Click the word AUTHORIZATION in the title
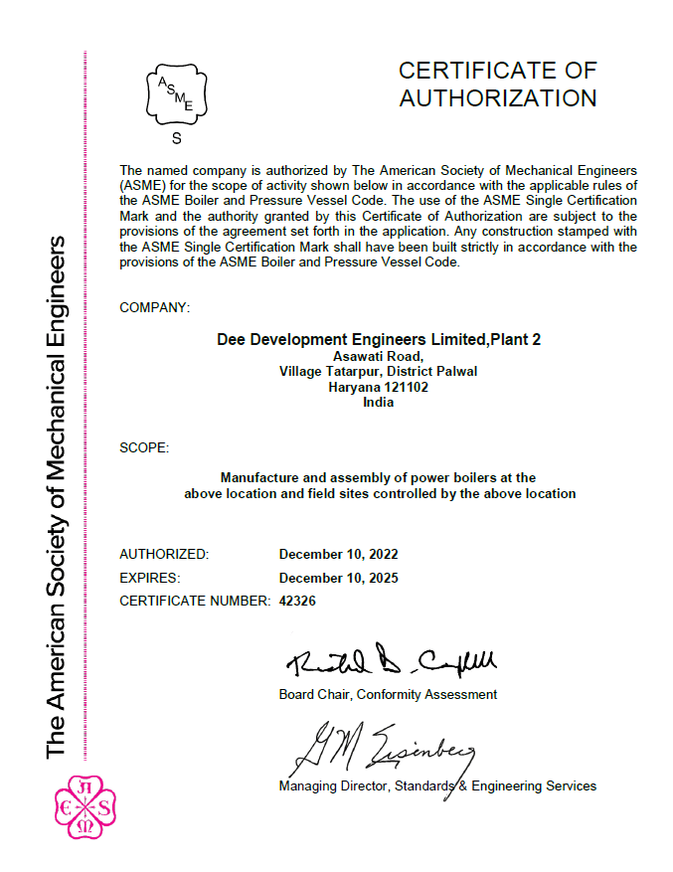pos(497,98)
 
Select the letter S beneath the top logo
pos(177,138)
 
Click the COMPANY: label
pos(154,307)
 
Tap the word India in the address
pos(378,402)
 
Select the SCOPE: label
pos(144,447)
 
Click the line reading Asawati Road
pos(378,356)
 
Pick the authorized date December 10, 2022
pos(338,554)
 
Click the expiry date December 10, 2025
pos(338,578)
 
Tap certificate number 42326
pos(297,602)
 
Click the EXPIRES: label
pos(149,578)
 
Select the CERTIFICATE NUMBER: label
pos(194,602)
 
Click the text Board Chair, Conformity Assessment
pos(388,694)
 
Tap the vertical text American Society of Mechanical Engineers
pos(56,497)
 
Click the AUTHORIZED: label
pos(164,554)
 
